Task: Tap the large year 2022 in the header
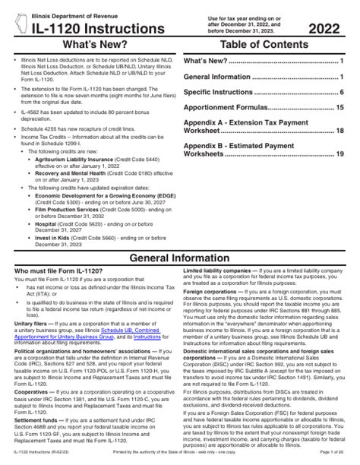(x=322, y=28)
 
